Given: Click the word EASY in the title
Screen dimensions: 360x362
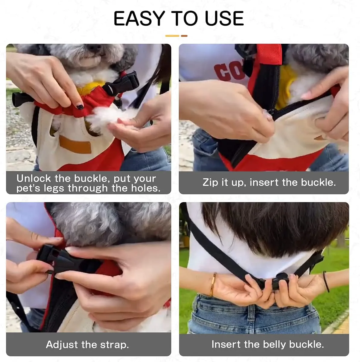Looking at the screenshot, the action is tap(139, 18).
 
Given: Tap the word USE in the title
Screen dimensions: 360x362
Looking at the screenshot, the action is tap(224, 18).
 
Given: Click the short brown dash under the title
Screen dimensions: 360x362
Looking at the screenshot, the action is tap(184, 36).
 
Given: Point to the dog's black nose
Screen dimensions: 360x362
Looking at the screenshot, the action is tap(94, 48).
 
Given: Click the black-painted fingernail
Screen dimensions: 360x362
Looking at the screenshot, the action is tap(80, 107).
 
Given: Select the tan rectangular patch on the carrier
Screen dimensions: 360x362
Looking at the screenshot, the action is tap(75, 144).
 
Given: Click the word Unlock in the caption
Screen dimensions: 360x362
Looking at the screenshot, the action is tap(33, 179).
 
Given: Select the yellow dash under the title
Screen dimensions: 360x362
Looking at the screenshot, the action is tap(172, 36).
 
